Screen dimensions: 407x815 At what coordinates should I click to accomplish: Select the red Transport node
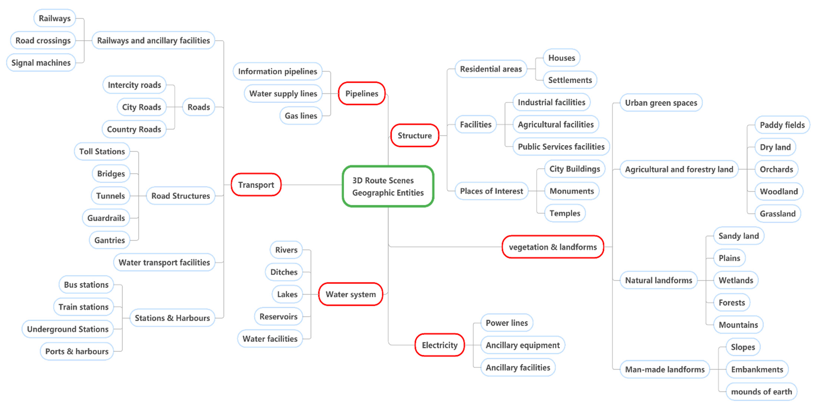[256, 185]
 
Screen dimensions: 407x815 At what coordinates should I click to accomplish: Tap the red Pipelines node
[362, 94]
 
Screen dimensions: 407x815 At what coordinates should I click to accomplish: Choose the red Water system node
[350, 294]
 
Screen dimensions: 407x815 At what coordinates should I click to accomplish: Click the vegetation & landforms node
[553, 247]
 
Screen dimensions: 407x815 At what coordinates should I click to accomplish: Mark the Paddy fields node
[782, 125]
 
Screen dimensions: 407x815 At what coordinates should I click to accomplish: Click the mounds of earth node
[761, 391]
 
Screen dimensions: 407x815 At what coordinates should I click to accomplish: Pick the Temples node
[565, 213]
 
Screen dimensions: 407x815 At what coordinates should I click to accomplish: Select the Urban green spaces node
[661, 103]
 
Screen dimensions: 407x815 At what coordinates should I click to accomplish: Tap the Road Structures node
[180, 196]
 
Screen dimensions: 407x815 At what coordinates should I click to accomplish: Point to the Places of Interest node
[491, 191]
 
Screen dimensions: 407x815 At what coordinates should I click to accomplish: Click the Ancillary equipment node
[523, 345]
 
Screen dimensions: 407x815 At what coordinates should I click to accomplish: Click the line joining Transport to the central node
[312, 185]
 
